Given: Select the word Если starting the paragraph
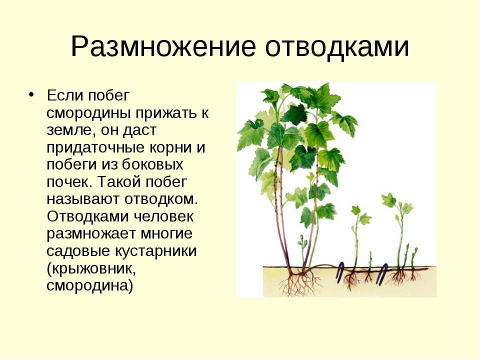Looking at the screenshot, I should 64,94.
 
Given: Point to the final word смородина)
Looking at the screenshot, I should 90,286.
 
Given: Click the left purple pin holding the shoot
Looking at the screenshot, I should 340,272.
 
